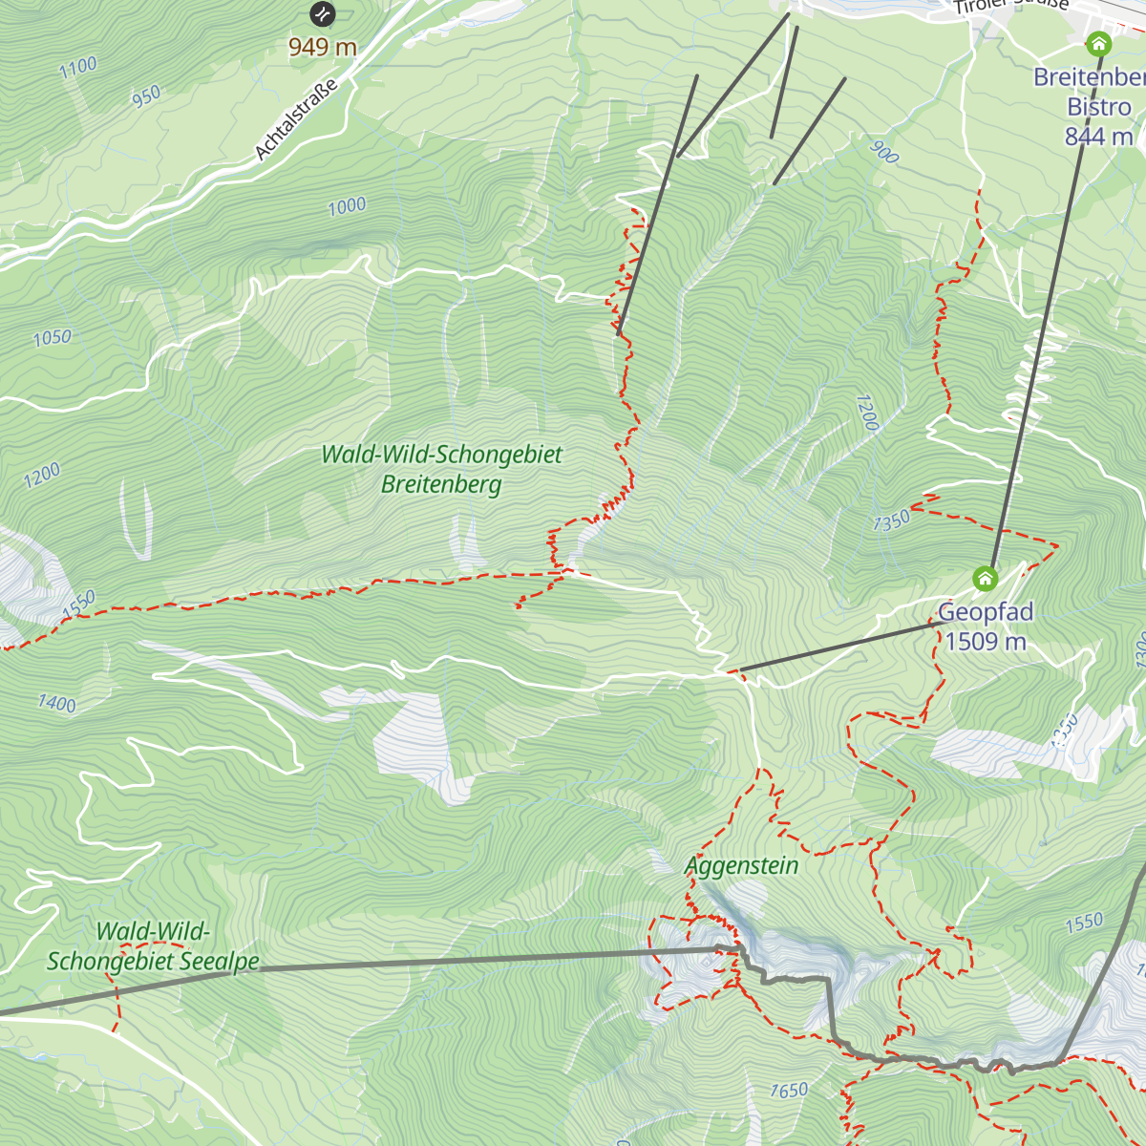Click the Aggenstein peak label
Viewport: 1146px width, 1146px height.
click(x=742, y=866)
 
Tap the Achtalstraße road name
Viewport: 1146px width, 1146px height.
click(x=296, y=119)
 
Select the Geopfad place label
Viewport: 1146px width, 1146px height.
click(x=986, y=612)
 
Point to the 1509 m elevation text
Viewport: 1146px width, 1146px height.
click(x=986, y=641)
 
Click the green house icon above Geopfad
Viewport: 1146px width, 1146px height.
click(x=985, y=578)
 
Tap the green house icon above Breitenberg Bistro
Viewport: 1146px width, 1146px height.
click(x=1098, y=44)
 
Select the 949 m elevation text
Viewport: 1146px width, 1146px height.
click(x=323, y=47)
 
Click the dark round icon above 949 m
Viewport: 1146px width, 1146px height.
click(x=323, y=13)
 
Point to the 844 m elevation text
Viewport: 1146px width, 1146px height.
click(x=1098, y=137)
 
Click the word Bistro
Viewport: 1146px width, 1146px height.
click(x=1099, y=107)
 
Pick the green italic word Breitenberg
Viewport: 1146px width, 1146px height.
click(x=441, y=484)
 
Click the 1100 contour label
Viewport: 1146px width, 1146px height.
click(x=78, y=67)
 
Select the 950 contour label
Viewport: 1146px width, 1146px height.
click(x=146, y=96)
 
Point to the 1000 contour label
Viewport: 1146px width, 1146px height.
click(x=347, y=205)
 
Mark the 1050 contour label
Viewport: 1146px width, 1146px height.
click(x=52, y=337)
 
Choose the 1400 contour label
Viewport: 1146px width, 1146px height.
click(x=56, y=704)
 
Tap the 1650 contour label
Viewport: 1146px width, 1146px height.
click(x=789, y=1091)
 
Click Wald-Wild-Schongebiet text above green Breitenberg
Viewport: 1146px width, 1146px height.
click(x=441, y=455)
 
